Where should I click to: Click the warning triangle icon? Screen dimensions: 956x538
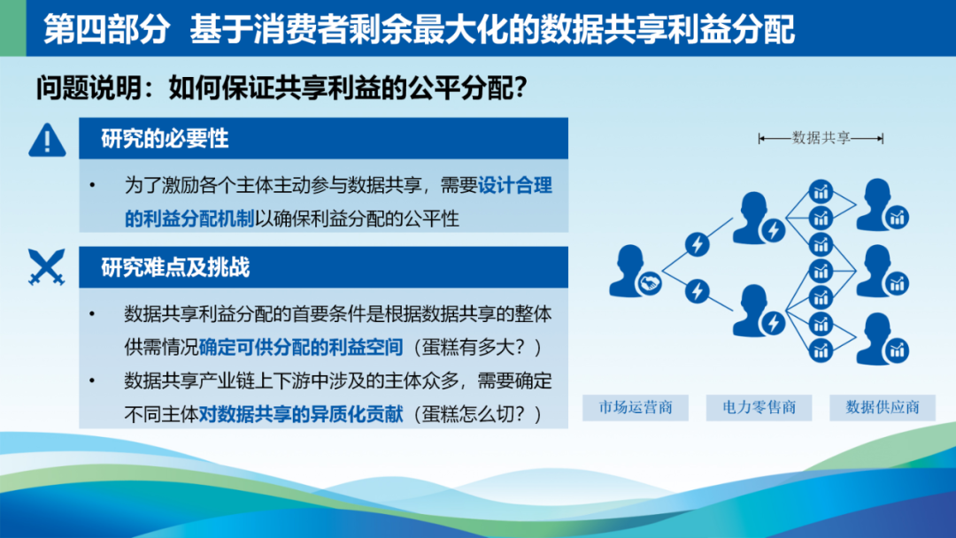coord(47,140)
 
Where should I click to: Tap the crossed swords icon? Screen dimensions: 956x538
coord(46,267)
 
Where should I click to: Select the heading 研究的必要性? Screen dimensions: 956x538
coord(165,139)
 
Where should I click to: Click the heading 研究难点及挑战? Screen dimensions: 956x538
coord(175,267)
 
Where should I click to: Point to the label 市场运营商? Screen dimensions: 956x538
coord(636,407)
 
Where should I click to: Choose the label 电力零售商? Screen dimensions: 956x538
coord(759,407)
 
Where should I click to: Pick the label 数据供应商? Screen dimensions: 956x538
coord(883,407)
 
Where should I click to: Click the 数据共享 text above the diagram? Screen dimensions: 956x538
coord(821,138)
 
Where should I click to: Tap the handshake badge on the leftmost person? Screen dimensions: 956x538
coord(650,282)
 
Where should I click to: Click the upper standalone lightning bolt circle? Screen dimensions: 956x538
coord(697,244)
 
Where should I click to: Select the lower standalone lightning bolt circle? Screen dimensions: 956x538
coord(697,291)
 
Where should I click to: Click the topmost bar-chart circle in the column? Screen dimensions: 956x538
coord(821,192)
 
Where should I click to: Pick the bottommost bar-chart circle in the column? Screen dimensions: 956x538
coord(821,351)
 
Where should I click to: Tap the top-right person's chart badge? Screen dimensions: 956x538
coord(897,218)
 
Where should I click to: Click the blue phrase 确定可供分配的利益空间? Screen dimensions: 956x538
coord(301,347)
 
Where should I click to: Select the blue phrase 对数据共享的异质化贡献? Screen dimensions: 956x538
coord(301,414)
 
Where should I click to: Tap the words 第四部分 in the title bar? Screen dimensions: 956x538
coord(106,28)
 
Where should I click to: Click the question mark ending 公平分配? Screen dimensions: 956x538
coord(520,88)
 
